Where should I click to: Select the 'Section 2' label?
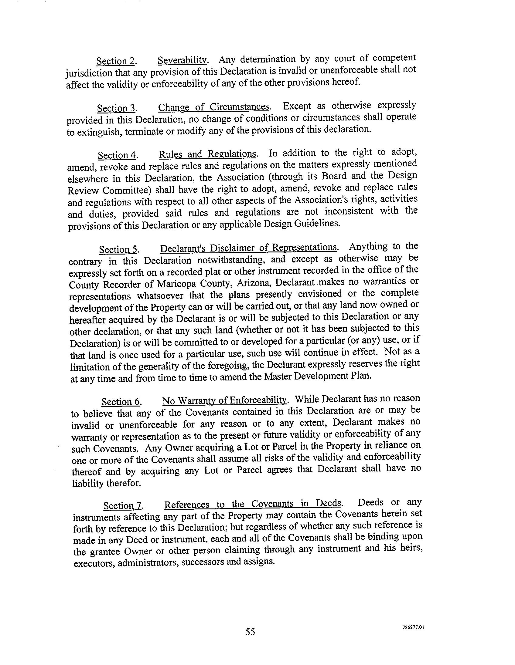click(116, 61)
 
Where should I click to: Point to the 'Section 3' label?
click(116, 108)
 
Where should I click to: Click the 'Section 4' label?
click(117, 156)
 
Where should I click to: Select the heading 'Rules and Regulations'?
click(207, 154)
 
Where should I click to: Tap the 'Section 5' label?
click(118, 250)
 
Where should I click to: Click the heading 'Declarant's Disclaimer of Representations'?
click(248, 248)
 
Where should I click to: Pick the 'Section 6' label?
click(121, 402)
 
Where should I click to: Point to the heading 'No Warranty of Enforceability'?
click(225, 400)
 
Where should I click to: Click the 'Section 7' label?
click(123, 506)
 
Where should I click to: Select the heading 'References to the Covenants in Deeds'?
click(252, 504)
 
